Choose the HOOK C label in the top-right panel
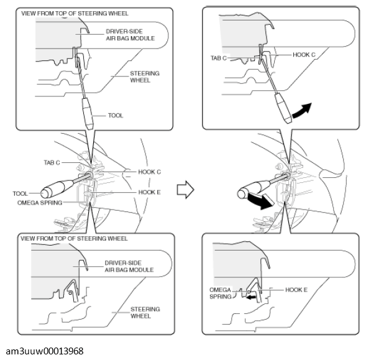(x=304, y=55)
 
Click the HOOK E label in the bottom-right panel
(x=298, y=290)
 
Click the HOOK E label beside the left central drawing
(x=149, y=192)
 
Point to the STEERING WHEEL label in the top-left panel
(x=144, y=76)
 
